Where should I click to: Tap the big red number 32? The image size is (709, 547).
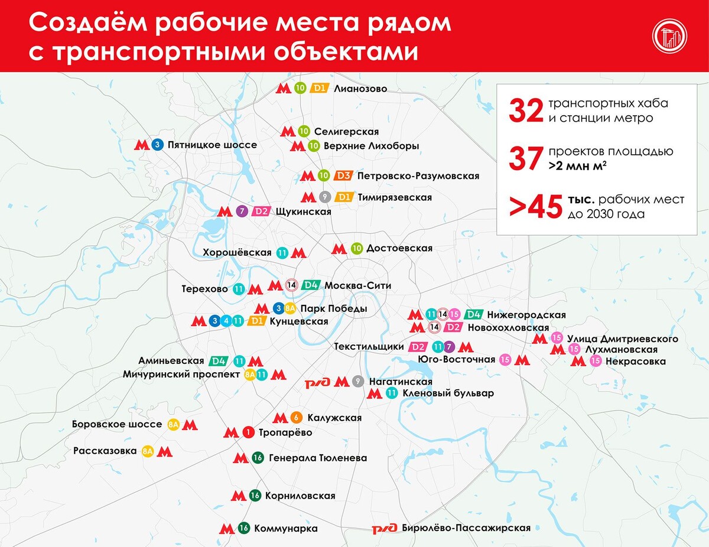pos(525,110)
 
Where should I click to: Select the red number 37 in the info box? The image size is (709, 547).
pos(525,159)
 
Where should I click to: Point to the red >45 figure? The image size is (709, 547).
pos(535,207)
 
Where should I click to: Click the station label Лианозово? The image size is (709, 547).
pos(360,89)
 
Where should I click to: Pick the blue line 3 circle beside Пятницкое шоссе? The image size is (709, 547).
pos(157,145)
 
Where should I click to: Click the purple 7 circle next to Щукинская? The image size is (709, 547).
pos(240,211)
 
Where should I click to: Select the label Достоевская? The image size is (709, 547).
pos(399,249)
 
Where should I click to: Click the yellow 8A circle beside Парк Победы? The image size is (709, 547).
pos(290,308)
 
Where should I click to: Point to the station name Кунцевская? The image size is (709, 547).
pos(298,321)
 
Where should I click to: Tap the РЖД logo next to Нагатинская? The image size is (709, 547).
pos(318,383)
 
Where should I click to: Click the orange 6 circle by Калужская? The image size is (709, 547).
pos(297,418)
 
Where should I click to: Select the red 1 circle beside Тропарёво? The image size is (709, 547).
pos(249,433)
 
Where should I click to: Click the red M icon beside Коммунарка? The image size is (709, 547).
pos(227,529)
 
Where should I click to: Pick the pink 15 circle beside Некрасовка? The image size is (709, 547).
pos(595,361)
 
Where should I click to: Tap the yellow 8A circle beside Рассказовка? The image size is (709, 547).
pos(148,452)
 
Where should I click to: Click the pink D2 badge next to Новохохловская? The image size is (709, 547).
pos(453,327)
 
